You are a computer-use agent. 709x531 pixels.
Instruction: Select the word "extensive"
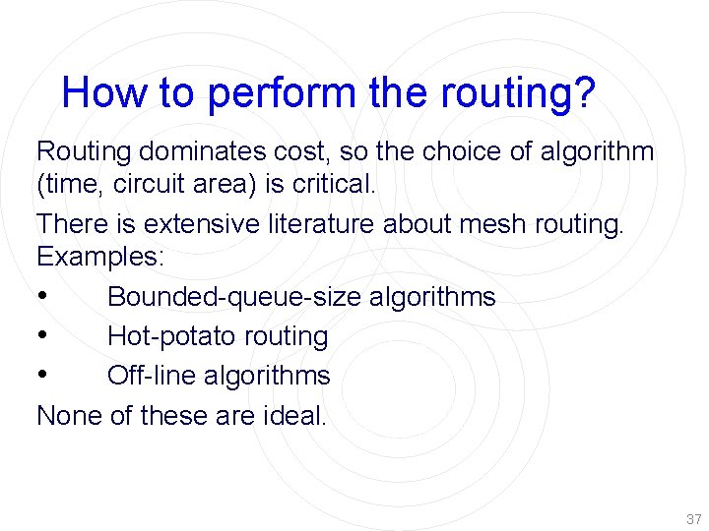(192, 224)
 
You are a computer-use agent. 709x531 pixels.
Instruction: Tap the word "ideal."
(294, 415)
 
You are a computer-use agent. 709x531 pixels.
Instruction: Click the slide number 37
(693, 518)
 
